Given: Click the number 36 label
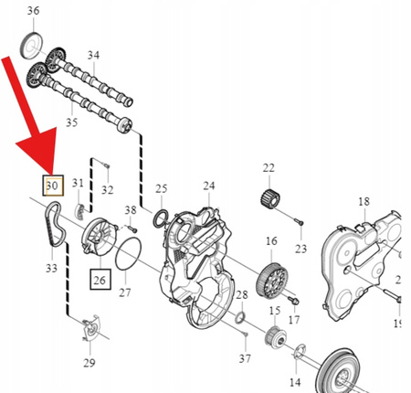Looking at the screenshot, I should [x=33, y=11].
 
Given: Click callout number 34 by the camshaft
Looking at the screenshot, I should [x=92, y=56].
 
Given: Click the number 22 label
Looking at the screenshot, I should [x=268, y=168].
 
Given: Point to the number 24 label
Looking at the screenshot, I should [x=209, y=186].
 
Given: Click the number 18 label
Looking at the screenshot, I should [x=364, y=201].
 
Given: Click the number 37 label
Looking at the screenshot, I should [x=245, y=359].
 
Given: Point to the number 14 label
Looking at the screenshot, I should [x=294, y=380].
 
